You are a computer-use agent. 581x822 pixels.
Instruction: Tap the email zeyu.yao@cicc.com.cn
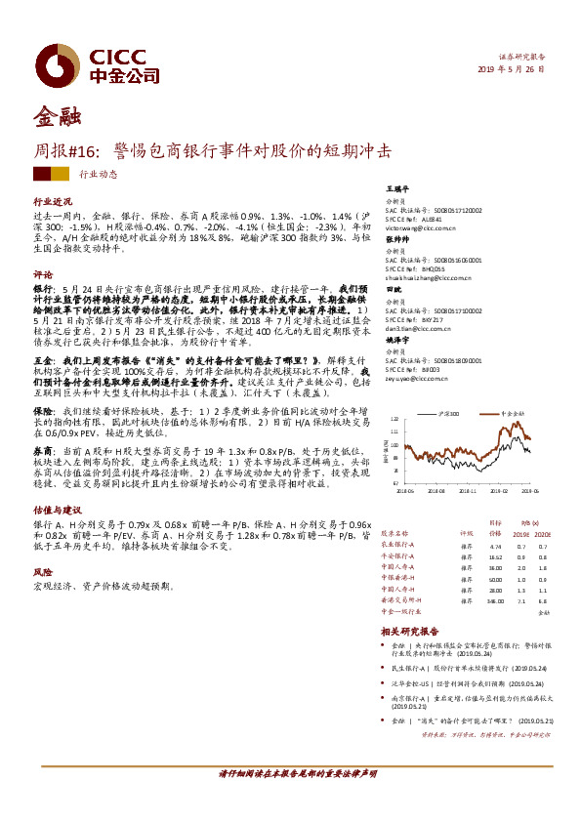coord(415,378)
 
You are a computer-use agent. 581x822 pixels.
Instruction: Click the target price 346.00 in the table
coord(494,601)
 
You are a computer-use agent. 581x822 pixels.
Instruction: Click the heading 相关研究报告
coord(410,633)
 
